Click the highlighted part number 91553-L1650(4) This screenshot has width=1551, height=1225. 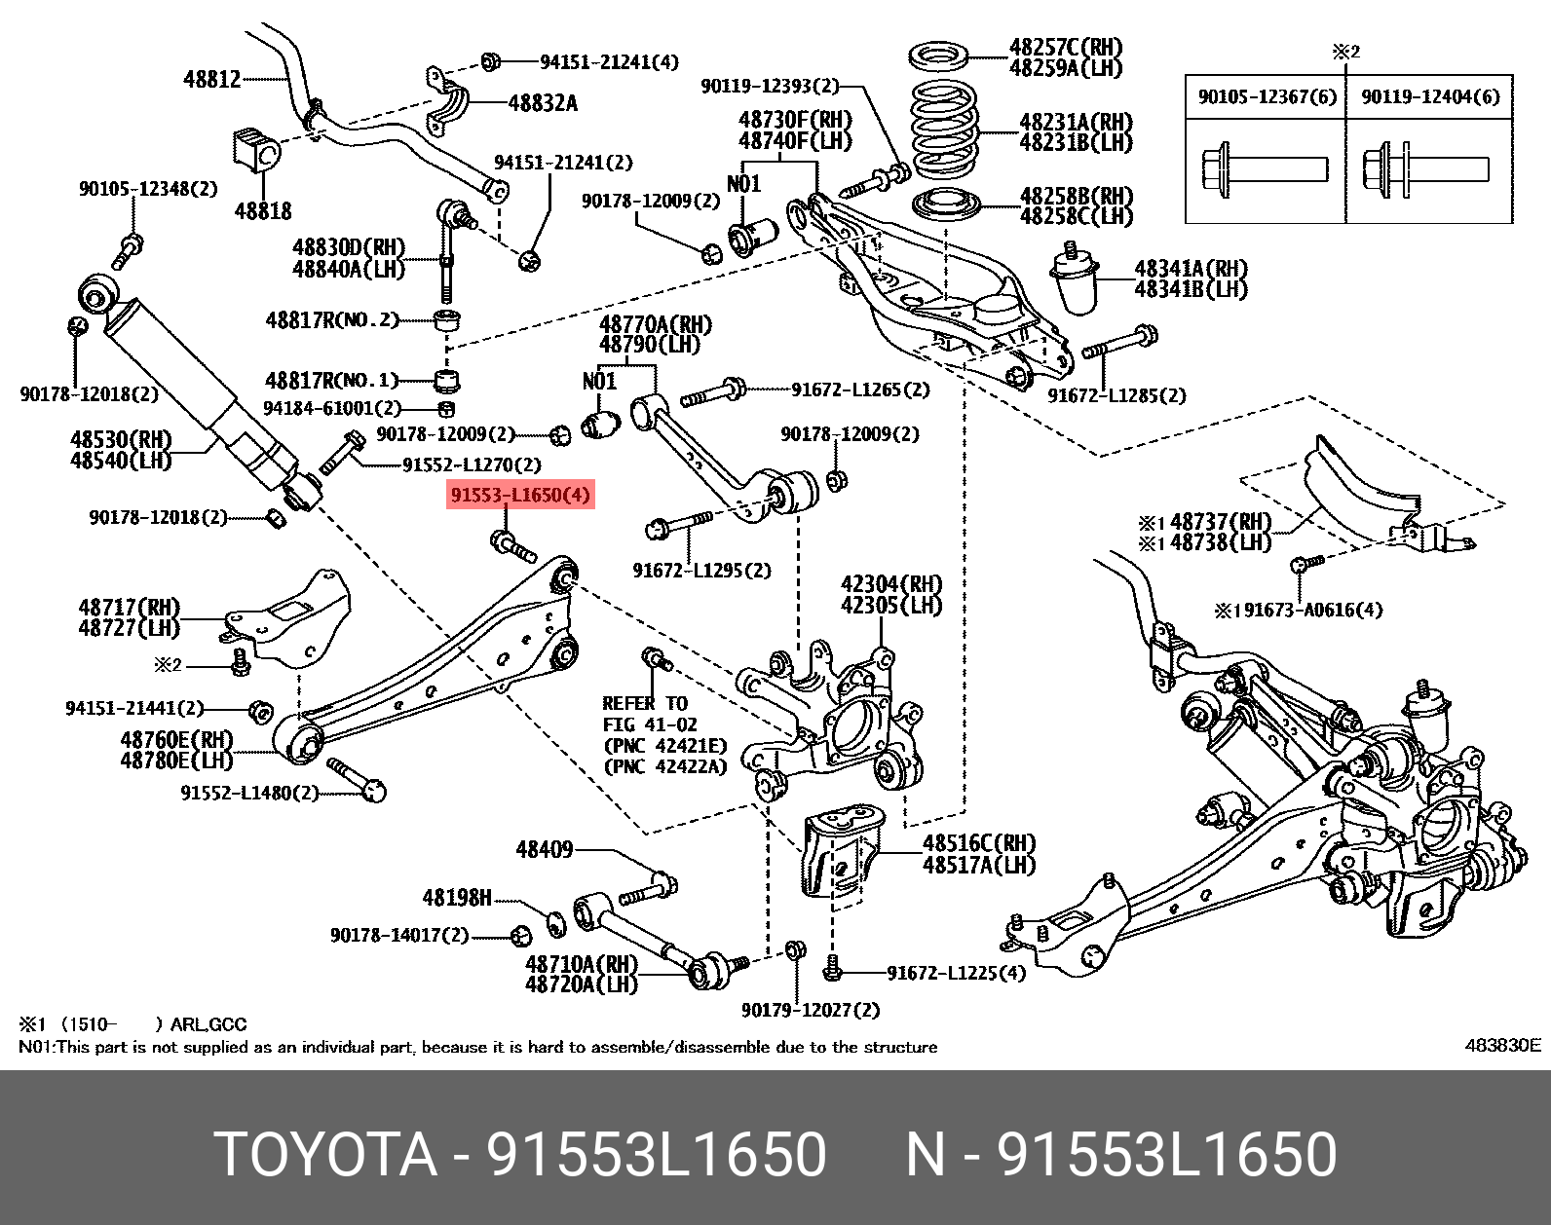(x=520, y=496)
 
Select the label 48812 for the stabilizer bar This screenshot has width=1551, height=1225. (x=212, y=79)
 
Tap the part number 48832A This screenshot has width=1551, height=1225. (x=543, y=103)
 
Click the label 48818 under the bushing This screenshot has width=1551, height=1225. (x=262, y=210)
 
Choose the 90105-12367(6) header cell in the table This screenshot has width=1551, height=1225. (x=1267, y=96)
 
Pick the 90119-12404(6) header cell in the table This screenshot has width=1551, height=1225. (x=1430, y=96)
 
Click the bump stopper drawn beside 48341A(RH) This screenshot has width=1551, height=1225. (x=1077, y=282)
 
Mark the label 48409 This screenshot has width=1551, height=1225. (x=544, y=850)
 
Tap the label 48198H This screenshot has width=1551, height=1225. (x=456, y=898)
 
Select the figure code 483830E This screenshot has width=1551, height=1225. (x=1502, y=1046)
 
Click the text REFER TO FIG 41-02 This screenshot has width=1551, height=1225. (x=645, y=714)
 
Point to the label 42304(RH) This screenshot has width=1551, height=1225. (x=891, y=584)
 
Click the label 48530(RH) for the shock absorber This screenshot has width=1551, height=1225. (x=121, y=439)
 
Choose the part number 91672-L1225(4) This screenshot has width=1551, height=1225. (x=956, y=973)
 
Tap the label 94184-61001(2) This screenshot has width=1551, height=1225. (x=332, y=409)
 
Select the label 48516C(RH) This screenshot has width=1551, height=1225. (x=979, y=843)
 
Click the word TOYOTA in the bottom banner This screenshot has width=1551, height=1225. (x=325, y=1155)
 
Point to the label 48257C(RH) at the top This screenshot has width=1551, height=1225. (x=1066, y=47)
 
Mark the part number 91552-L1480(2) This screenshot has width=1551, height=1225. (x=249, y=793)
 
